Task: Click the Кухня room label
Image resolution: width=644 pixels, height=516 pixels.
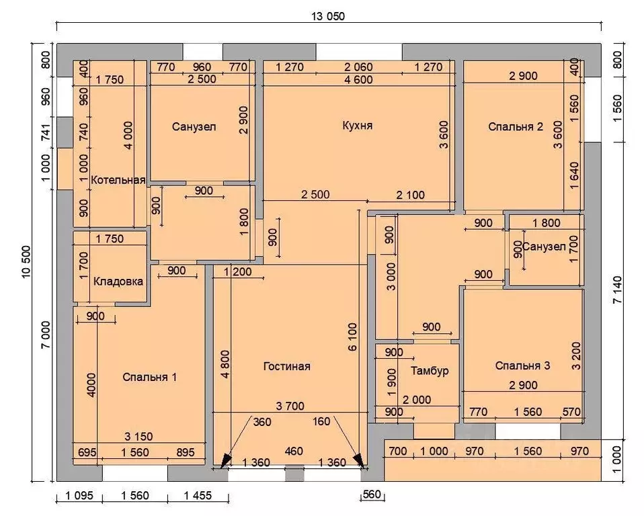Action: pos(358,125)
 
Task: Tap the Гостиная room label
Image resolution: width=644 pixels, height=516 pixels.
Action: pos(286,365)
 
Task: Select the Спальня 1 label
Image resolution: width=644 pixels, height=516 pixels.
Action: pos(149,377)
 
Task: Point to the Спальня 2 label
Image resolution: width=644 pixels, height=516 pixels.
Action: pos(516,126)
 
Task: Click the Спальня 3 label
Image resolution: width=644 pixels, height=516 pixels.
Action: pos(522,365)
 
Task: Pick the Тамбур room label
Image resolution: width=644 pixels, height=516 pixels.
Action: pos(430,371)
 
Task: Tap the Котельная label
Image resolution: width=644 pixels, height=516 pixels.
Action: pos(118,180)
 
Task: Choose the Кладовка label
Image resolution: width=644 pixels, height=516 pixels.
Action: pos(118,282)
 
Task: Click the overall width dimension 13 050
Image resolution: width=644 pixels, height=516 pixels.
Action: pos(328,16)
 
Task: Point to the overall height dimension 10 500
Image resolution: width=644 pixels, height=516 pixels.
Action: pos(26,261)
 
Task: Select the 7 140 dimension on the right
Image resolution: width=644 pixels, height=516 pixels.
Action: pos(617,290)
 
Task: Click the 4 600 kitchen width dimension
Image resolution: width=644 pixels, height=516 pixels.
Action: pos(358,80)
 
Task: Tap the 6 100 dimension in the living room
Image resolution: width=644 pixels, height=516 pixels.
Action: pos(352,337)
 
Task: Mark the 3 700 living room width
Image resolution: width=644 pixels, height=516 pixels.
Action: pos(290,406)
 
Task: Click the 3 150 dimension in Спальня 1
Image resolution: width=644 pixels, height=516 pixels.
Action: pos(138,436)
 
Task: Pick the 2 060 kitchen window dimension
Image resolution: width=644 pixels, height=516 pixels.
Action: pos(358,67)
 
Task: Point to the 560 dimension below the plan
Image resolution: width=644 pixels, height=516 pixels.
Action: pos(372,494)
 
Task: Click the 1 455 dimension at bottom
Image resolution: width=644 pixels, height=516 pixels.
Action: pos(198,495)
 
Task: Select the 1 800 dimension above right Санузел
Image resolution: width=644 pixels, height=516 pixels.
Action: pos(547,223)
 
